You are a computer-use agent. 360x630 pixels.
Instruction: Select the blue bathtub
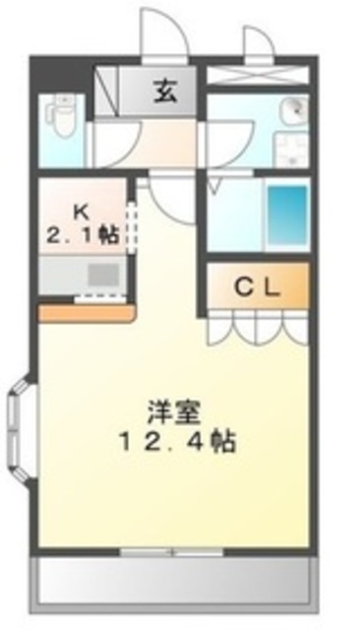pos(287,212)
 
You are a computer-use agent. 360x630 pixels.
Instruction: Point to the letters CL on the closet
pos(259,287)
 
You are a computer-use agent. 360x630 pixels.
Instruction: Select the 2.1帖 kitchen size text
pos(83,235)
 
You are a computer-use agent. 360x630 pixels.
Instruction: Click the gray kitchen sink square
pos(102,274)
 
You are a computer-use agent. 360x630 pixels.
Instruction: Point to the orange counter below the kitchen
pos(87,312)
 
